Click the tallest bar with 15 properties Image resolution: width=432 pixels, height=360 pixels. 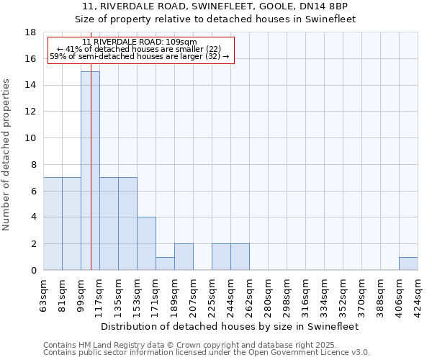click(90, 171)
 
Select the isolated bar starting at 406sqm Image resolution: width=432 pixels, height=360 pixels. click(408, 264)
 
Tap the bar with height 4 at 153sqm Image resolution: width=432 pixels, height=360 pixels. click(146, 243)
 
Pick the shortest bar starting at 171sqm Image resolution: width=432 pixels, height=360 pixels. click(165, 264)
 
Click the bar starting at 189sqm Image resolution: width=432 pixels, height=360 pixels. click(184, 257)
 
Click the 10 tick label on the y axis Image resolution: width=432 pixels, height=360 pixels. click(30, 138)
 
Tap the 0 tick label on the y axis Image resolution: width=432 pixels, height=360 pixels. click(33, 271)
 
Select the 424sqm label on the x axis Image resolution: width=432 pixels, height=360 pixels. click(418, 294)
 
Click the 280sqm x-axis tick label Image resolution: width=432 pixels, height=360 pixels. click(269, 294)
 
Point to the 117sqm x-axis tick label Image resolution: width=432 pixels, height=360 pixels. click(100, 294)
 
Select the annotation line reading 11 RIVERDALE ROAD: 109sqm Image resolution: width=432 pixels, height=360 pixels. click(140, 42)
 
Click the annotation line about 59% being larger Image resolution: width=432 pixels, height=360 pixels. click(140, 56)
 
